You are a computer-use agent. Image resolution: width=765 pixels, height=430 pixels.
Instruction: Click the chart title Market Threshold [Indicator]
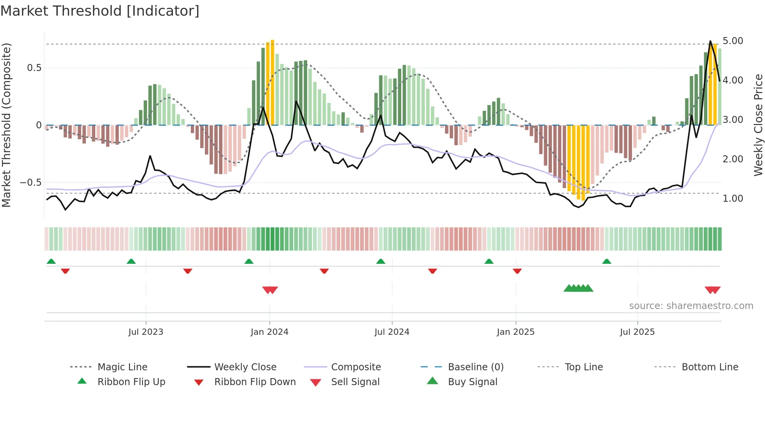[100, 11]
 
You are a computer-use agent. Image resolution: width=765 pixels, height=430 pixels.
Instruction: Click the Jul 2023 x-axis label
[146, 332]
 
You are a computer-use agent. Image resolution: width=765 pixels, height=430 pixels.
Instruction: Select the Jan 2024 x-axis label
[269, 332]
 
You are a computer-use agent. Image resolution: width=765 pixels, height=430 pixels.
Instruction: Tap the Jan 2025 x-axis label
[515, 332]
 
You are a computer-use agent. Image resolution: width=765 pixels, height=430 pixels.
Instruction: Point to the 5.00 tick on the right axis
[733, 41]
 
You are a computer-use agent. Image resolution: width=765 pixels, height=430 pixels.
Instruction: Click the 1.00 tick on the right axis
[733, 199]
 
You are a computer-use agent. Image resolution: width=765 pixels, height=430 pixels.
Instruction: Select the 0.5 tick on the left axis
[34, 68]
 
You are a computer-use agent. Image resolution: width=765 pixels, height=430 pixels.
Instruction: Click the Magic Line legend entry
[122, 367]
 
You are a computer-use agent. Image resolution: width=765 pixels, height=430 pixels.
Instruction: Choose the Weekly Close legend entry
[245, 367]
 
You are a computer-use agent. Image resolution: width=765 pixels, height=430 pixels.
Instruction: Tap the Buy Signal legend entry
[472, 382]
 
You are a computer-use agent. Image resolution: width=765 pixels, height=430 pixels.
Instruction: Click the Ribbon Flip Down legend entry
[255, 382]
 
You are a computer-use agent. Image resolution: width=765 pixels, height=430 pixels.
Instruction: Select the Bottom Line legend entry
[710, 367]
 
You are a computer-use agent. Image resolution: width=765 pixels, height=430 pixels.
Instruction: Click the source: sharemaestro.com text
[691, 306]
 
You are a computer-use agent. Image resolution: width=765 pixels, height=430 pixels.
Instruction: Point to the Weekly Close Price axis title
[758, 125]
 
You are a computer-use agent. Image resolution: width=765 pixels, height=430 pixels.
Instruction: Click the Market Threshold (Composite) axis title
[6, 125]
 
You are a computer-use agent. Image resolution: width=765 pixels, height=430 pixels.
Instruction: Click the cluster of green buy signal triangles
[578, 288]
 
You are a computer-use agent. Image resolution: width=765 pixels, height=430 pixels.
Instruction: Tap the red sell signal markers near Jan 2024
[270, 290]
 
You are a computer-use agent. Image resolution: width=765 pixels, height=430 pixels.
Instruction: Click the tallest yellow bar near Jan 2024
[272, 82]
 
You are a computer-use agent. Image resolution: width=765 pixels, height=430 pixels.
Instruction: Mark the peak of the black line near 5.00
[710, 41]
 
